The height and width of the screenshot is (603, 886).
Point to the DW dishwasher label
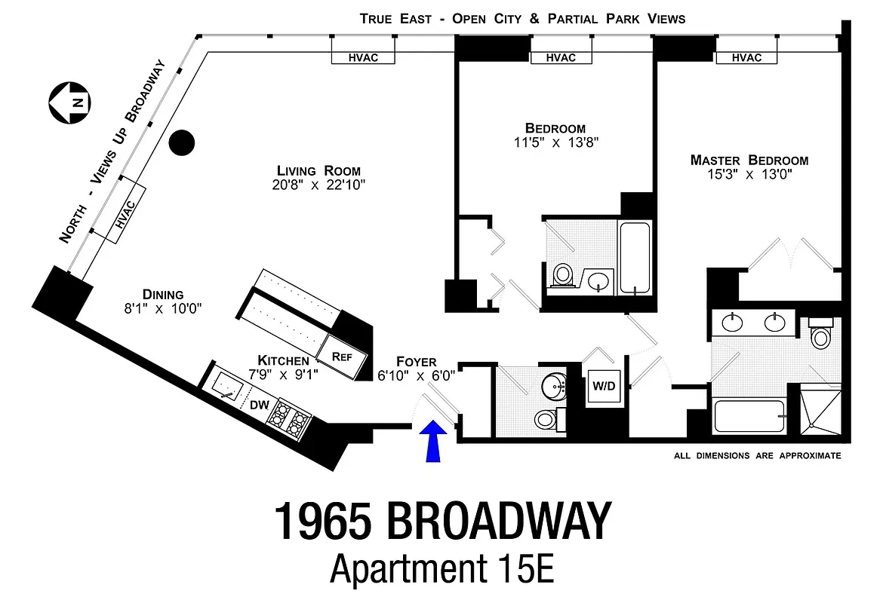[260, 405]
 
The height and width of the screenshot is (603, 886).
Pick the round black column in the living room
[182, 142]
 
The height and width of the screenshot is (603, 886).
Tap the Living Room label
[318, 170]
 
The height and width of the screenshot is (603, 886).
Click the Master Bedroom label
[749, 160]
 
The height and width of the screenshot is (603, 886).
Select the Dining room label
[163, 294]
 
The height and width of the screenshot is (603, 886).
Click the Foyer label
[416, 362]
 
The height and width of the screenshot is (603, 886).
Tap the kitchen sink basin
[227, 387]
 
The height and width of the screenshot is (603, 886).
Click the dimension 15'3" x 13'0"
[749, 175]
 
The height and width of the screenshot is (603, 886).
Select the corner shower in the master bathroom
[819, 409]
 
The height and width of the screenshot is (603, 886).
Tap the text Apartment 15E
[442, 568]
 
